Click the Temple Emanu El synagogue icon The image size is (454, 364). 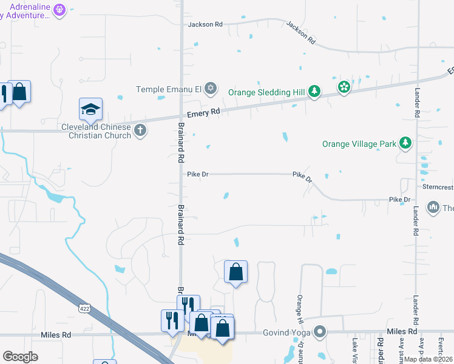[x=211, y=89]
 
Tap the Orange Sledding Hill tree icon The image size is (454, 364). [x=314, y=92]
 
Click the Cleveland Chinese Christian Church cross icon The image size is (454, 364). [x=141, y=130]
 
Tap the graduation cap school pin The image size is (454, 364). [x=90, y=109]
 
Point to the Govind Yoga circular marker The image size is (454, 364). [x=320, y=332]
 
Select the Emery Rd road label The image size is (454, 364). [x=203, y=113]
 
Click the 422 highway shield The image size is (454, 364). [x=84, y=309]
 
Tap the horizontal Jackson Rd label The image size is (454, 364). [x=205, y=24]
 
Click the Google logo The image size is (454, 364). [x=21, y=357]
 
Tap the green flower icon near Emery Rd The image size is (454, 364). [x=344, y=87]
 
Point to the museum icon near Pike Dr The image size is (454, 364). [x=433, y=207]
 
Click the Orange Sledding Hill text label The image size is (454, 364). [x=267, y=92]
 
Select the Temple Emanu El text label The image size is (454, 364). [x=168, y=89]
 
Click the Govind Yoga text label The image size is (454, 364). [x=286, y=332]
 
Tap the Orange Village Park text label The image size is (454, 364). [x=359, y=144]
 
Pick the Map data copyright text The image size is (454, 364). [x=429, y=359]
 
